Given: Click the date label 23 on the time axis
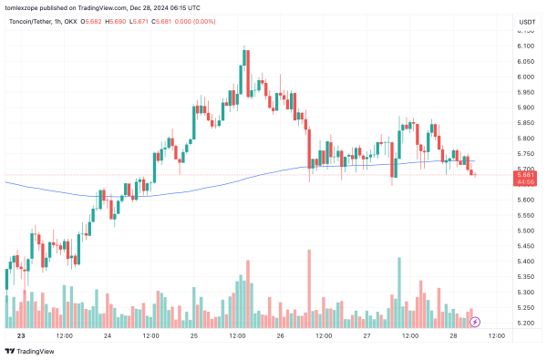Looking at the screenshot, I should click(x=19, y=336).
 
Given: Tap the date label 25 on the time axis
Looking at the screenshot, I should click(x=194, y=336).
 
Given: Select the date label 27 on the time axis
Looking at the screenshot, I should click(x=365, y=336).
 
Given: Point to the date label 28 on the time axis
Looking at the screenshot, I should click(x=451, y=336).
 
